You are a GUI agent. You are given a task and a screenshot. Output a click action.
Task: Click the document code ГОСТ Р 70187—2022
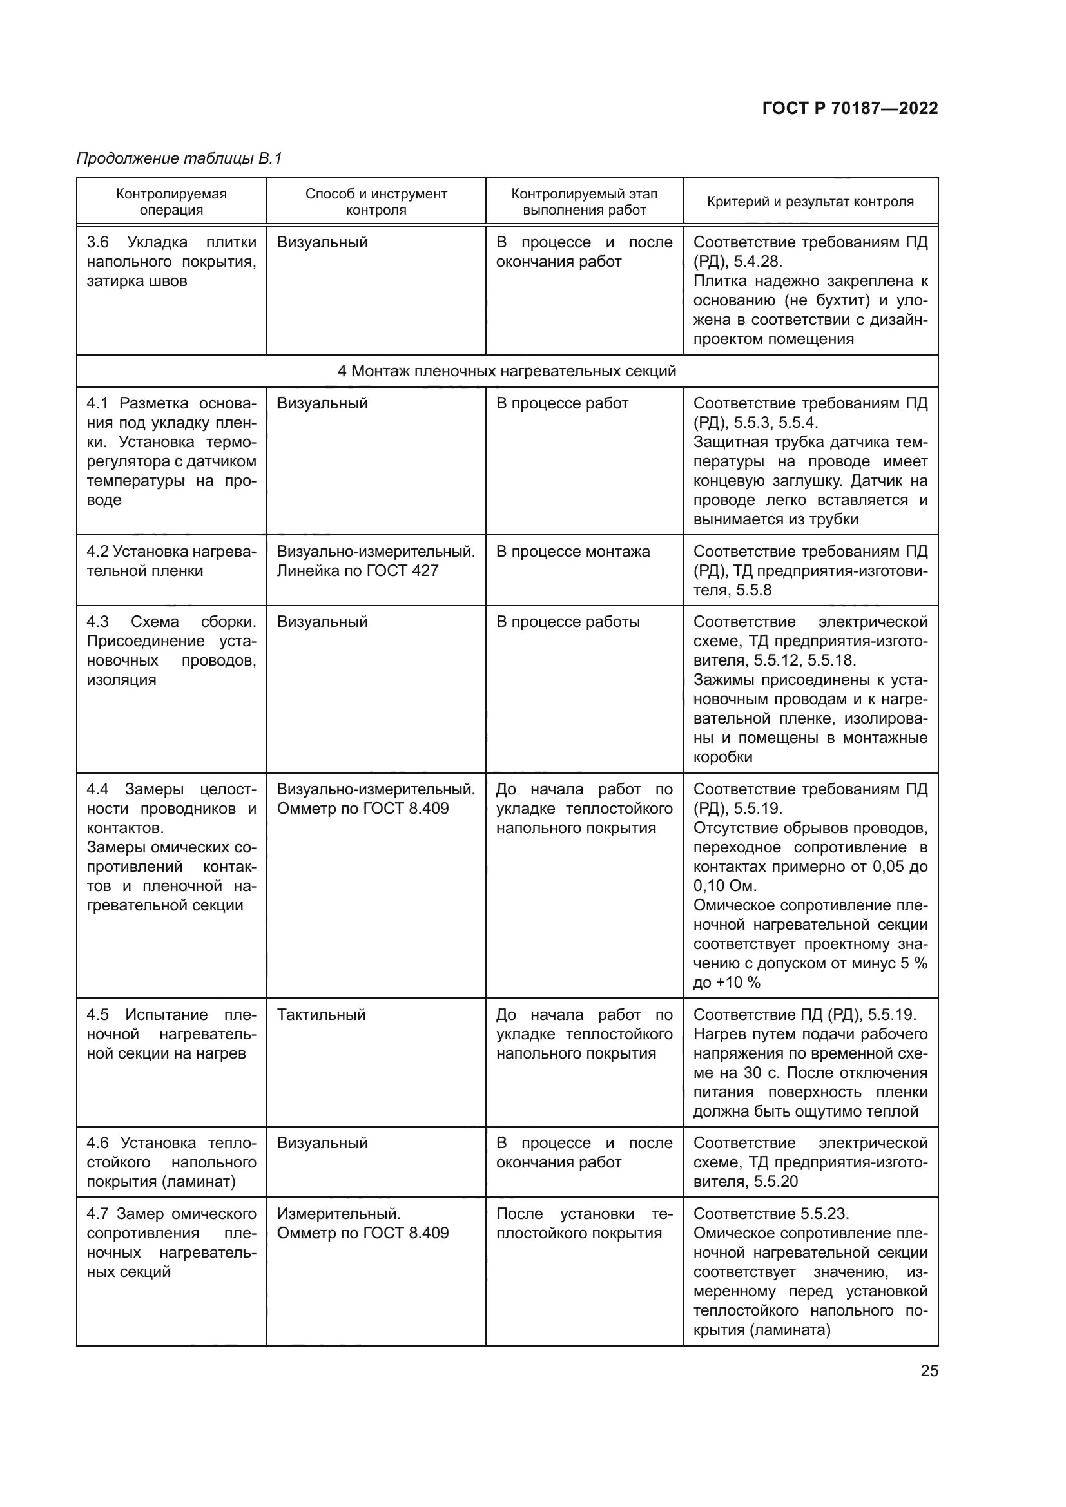(850, 109)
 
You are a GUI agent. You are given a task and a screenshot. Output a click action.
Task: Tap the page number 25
(929, 1370)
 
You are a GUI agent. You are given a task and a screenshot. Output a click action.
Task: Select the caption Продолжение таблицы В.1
(179, 158)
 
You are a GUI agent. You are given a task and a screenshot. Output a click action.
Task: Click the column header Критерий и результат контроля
(810, 202)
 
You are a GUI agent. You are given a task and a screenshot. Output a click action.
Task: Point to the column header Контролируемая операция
(171, 202)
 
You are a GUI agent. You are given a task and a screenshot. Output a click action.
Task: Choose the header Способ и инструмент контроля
(376, 202)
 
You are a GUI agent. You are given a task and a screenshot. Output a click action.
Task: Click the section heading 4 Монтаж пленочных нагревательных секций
(507, 372)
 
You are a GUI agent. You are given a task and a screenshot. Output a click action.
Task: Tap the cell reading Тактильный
(321, 1015)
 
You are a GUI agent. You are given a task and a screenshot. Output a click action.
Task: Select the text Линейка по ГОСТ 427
(357, 571)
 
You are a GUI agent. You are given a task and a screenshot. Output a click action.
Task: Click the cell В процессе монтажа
(572, 552)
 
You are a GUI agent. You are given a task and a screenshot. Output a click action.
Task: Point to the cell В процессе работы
(568, 622)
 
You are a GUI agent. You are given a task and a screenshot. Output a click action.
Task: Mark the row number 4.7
(98, 1214)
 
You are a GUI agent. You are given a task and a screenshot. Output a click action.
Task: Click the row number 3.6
(98, 242)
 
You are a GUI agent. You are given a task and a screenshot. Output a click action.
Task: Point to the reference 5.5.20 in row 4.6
(775, 1182)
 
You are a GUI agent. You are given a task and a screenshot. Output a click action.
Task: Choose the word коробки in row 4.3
(722, 758)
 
